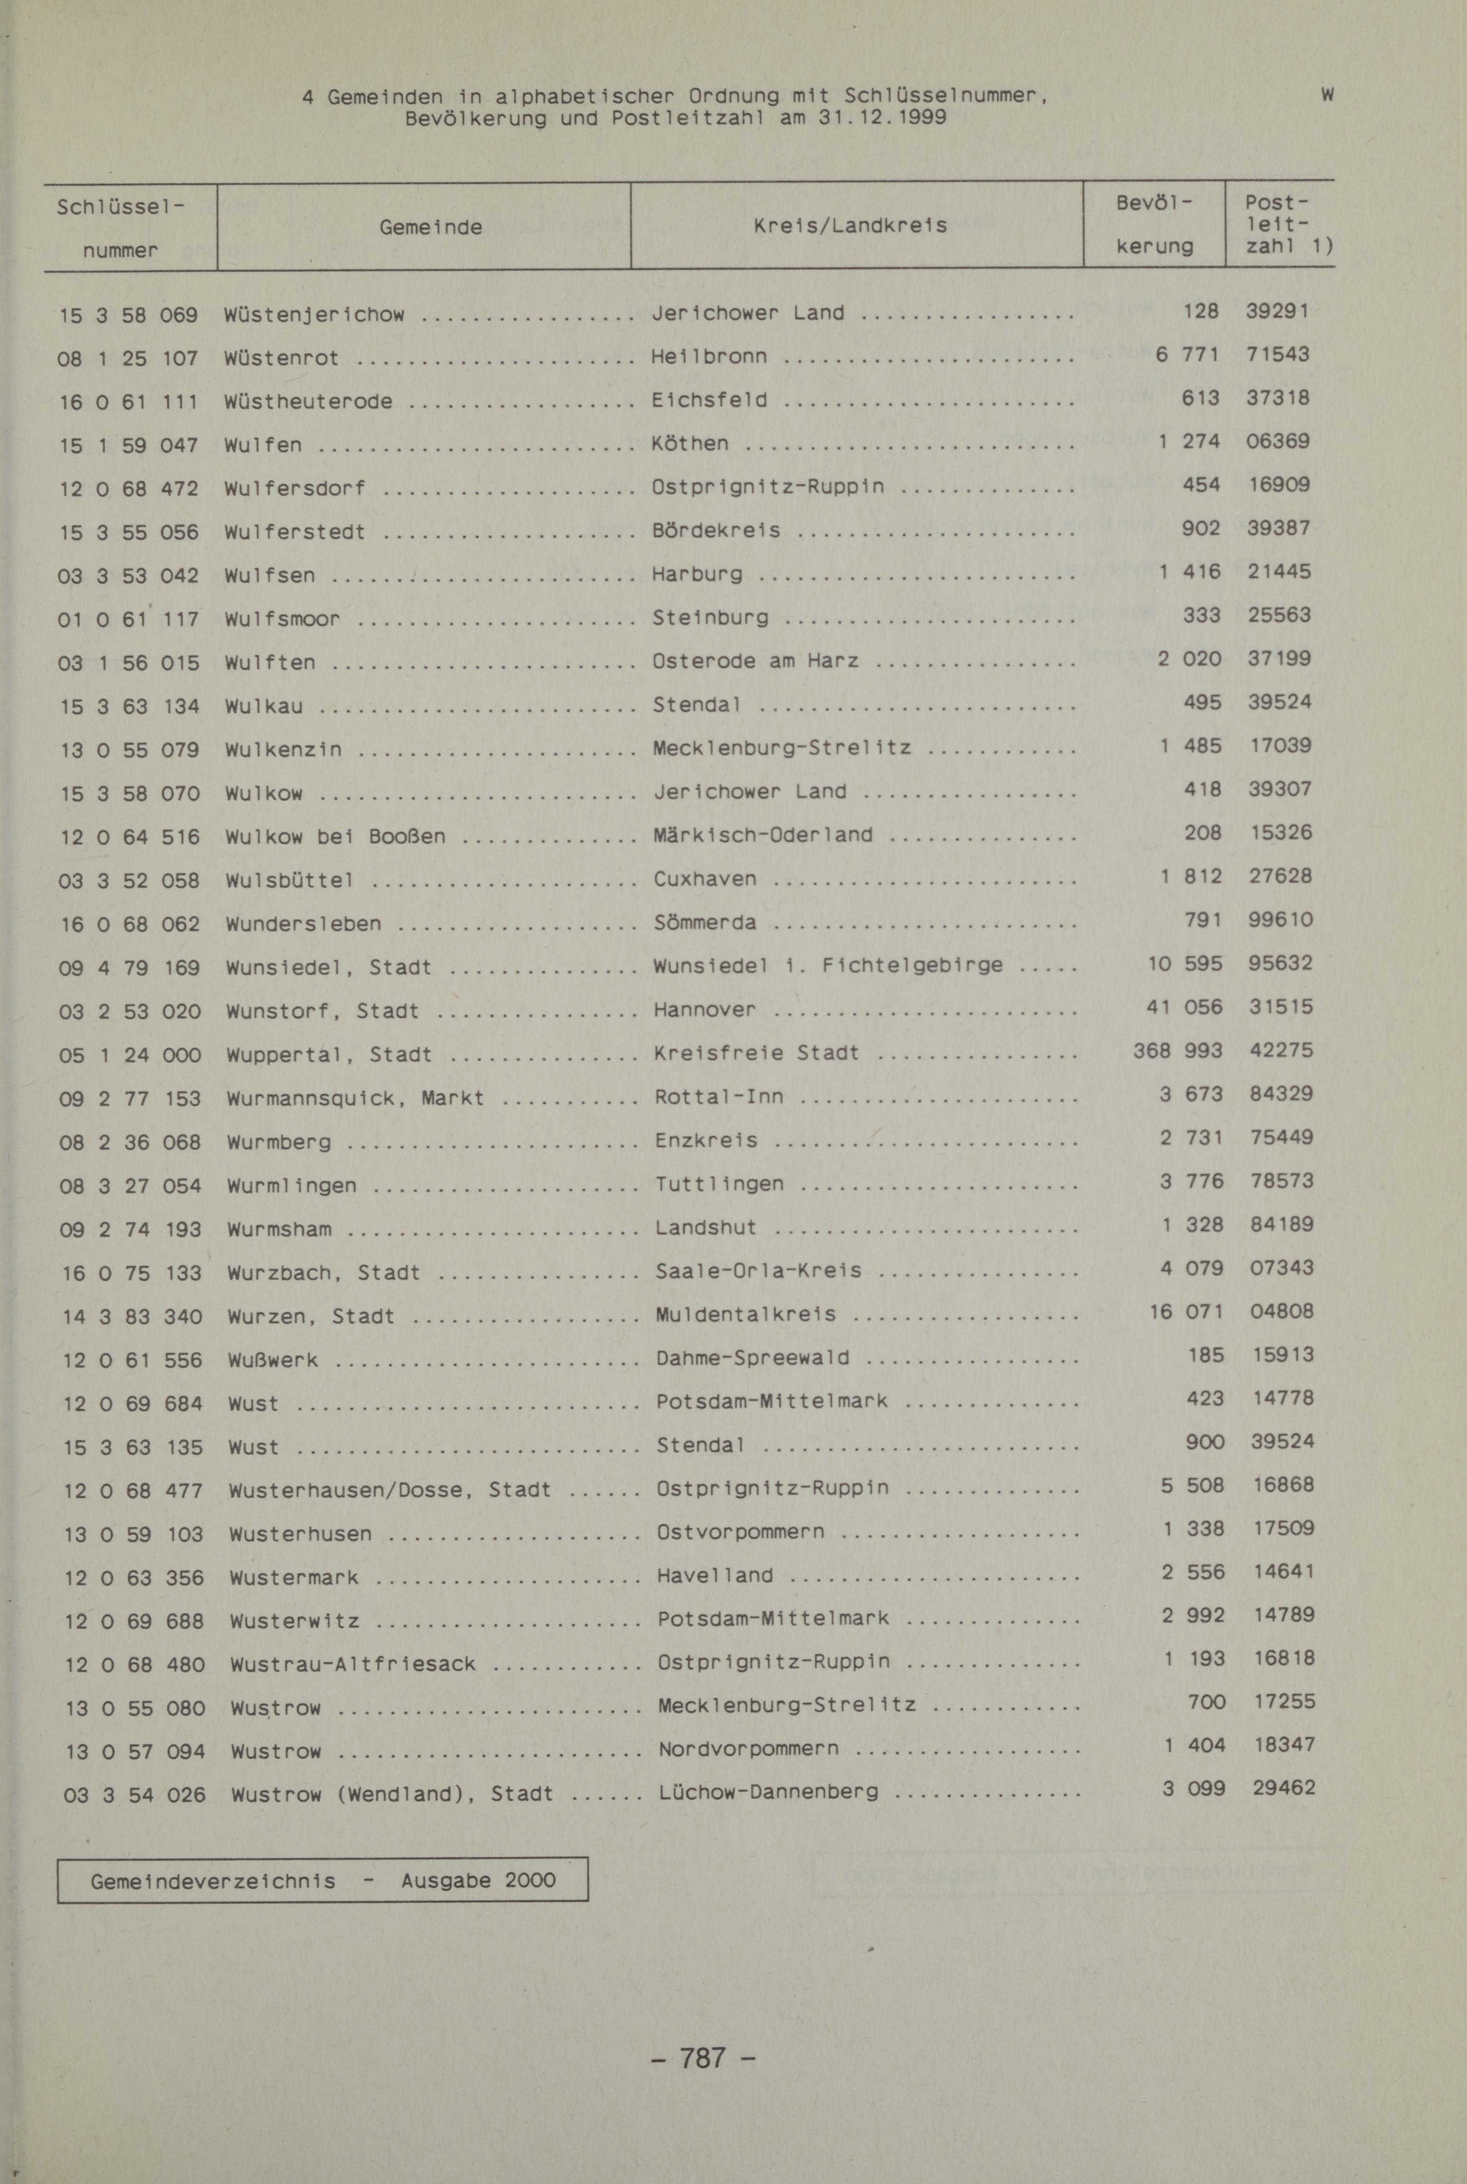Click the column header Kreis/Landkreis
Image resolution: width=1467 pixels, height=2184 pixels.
tap(849, 226)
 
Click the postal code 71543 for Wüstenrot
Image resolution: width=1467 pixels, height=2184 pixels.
tap(1277, 354)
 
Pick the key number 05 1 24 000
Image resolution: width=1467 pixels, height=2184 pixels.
tap(130, 1055)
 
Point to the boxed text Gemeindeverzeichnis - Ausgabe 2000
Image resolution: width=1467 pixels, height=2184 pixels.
tap(323, 1881)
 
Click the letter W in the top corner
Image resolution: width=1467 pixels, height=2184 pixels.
tap(1328, 94)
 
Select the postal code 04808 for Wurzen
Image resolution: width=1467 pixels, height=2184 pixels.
tap(1282, 1311)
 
